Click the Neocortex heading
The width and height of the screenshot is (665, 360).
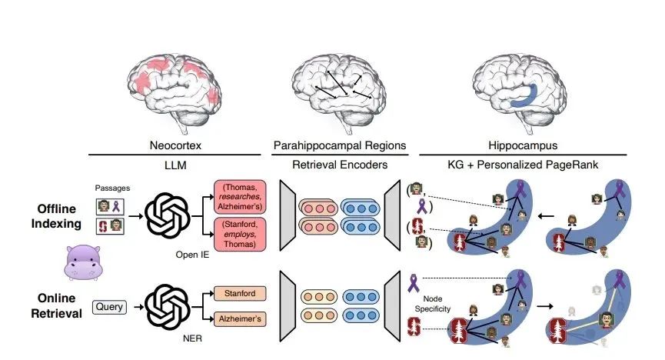(176, 144)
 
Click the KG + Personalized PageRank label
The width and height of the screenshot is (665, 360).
(524, 165)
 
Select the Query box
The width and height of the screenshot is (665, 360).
(109, 306)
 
